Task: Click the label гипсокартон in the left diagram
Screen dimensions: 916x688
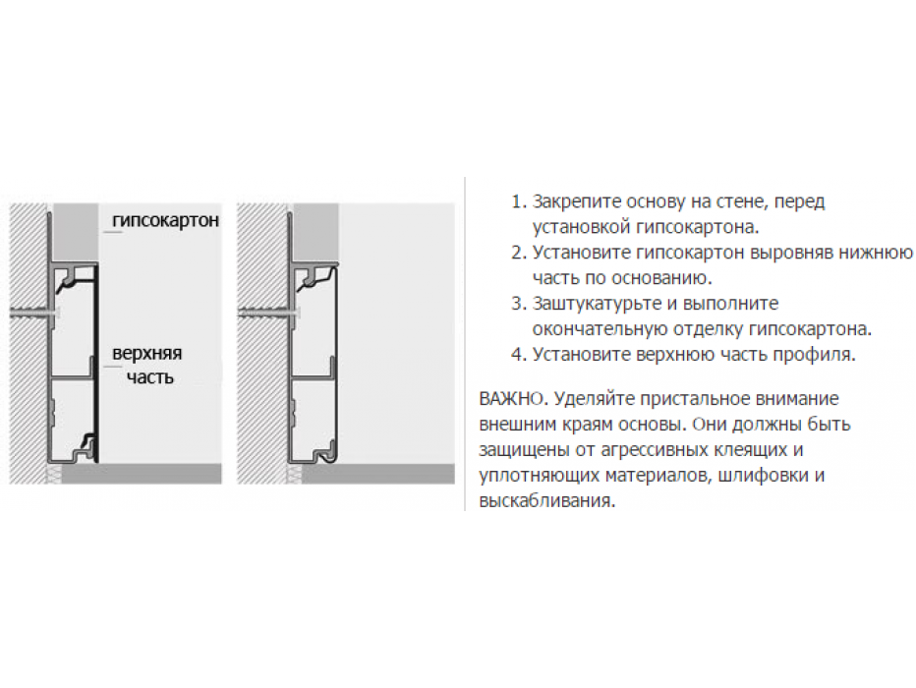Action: [165, 221]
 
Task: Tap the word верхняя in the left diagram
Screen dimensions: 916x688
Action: [146, 354]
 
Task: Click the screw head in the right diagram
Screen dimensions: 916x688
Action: [297, 314]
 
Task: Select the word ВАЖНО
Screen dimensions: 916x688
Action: [512, 399]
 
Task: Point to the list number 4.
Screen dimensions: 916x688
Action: [519, 355]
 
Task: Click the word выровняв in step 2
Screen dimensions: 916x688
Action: [790, 253]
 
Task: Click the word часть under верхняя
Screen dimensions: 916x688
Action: [150, 377]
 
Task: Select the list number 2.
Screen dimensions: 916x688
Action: [519, 253]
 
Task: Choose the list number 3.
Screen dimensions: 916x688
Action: [519, 304]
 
